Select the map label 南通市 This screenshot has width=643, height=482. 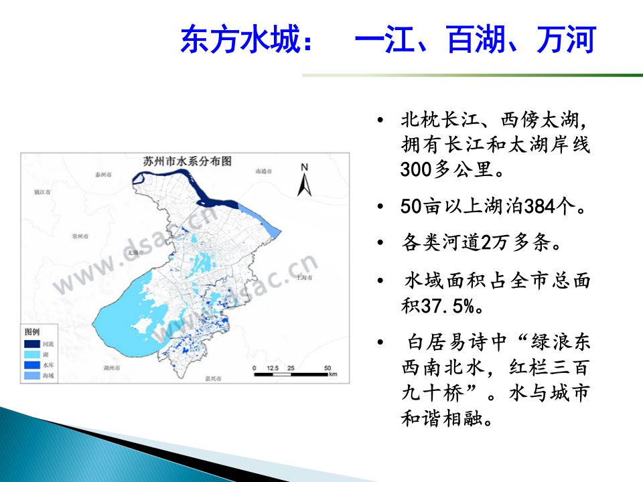click(x=265, y=171)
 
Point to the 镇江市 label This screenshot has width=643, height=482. click(x=42, y=192)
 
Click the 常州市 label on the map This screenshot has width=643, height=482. click(x=80, y=236)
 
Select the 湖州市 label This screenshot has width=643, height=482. click(x=112, y=368)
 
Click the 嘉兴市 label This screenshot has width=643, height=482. click(x=213, y=378)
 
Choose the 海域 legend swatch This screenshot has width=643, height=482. click(x=32, y=376)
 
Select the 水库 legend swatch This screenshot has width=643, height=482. click(x=32, y=366)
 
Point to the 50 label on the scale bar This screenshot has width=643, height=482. click(x=328, y=368)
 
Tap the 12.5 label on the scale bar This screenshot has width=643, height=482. click(x=272, y=368)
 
